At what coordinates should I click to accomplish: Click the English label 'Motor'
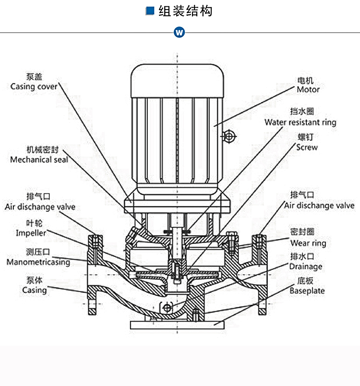[308, 89]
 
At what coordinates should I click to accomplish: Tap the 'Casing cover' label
[34, 86]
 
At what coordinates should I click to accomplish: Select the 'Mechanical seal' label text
[39, 159]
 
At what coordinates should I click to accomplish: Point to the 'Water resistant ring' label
[300, 122]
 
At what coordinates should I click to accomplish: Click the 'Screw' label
[307, 147]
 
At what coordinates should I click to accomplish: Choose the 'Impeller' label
[31, 233]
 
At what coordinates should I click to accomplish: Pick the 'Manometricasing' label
[38, 262]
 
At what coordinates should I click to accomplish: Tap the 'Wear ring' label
[308, 243]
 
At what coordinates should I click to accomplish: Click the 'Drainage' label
[305, 266]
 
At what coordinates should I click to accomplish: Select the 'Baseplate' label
[307, 290]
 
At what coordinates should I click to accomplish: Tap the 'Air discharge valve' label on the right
[319, 205]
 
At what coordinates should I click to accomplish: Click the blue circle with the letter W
[180, 33]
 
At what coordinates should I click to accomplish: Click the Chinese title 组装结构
[185, 11]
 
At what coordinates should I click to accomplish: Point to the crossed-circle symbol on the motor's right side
[229, 137]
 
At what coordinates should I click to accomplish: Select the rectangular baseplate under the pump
[177, 325]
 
